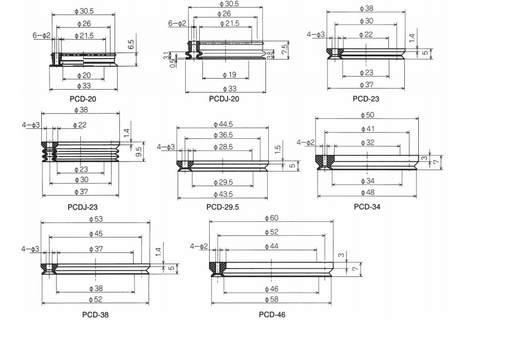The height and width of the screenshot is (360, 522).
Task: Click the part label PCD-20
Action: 83,99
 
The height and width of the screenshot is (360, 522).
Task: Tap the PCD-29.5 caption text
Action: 223,207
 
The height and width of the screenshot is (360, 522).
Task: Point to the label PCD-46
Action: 272,314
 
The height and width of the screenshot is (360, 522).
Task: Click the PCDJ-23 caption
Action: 83,207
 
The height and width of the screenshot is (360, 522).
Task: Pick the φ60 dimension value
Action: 271,218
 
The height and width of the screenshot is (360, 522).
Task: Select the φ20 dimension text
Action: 83,75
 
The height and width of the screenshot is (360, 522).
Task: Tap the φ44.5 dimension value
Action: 223,124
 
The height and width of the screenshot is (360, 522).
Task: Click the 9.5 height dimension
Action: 138,151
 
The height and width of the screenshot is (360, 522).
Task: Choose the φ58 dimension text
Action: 271,300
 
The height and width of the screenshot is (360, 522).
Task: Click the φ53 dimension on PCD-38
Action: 95,219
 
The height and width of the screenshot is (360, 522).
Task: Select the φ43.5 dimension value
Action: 223,194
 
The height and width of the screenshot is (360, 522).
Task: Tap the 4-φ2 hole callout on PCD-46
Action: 199,246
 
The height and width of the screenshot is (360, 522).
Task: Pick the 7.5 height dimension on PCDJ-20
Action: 285,48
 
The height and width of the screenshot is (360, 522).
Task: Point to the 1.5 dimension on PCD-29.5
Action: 278,150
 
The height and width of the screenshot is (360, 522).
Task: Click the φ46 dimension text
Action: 271,289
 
